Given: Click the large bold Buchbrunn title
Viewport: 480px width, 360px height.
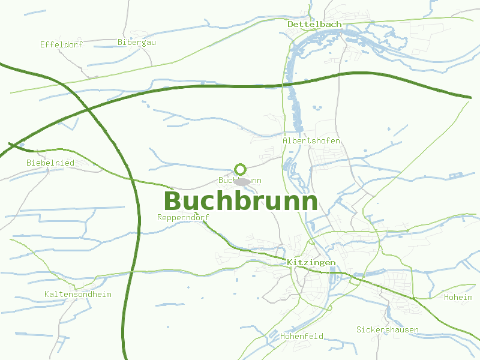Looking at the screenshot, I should click(x=240, y=201).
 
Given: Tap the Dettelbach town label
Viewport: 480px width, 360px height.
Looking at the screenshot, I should click(x=314, y=24).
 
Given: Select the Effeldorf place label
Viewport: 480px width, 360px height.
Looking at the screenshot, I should click(x=61, y=44).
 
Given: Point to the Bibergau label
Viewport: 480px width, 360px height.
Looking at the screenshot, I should click(x=137, y=42).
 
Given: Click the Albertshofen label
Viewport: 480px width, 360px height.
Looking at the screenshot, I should click(x=311, y=140).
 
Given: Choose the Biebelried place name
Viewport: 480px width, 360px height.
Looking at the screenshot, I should click(x=50, y=163).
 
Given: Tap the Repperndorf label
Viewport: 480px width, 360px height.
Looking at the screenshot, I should click(x=183, y=217).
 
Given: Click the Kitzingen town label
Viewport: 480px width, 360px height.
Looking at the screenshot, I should click(x=311, y=263).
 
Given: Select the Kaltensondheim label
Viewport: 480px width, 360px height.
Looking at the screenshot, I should click(x=78, y=294).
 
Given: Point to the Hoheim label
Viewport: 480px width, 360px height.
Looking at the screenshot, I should click(x=458, y=297).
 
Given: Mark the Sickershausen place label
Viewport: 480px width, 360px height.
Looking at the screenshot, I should click(x=387, y=329).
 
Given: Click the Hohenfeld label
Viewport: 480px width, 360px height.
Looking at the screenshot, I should click(x=302, y=336).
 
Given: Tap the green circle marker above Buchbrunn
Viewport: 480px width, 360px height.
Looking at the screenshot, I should click(x=241, y=169).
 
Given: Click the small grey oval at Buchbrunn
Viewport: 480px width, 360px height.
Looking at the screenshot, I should click(x=242, y=181).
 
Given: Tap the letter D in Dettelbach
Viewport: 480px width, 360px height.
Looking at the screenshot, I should click(x=291, y=24).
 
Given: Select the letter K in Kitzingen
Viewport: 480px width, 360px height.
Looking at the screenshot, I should click(x=290, y=263).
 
